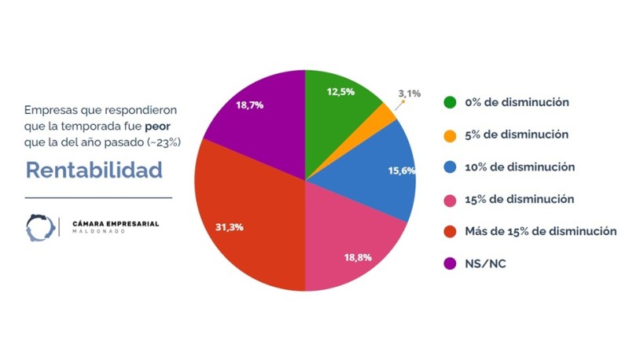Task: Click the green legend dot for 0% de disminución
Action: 451,102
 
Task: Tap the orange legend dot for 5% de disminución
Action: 451,134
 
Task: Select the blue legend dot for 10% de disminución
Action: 451,167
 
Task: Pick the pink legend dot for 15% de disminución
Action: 451,199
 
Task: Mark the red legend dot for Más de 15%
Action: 451,231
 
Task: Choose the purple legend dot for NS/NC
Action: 451,263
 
